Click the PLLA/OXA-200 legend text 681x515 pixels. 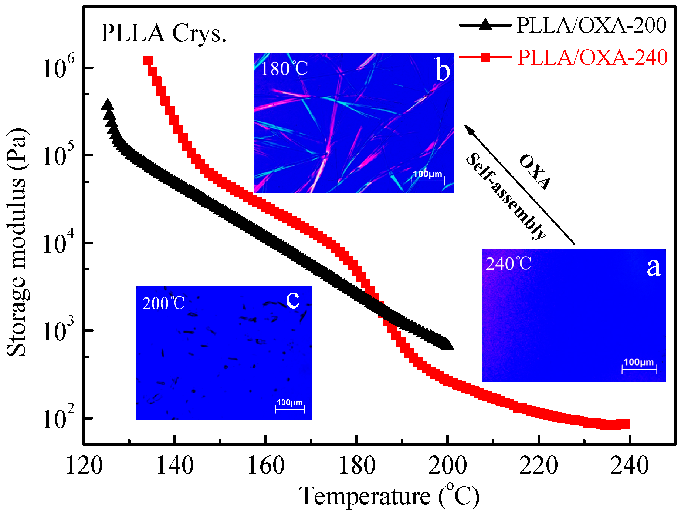pos(592,26)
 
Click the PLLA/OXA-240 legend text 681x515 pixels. pos(592,57)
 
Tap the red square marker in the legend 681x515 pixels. pos(485,57)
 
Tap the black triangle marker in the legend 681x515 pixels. pos(485,25)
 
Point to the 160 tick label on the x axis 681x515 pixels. pos(266,465)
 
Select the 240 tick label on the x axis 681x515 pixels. pos(629,465)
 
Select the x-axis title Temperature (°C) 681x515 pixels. pos(389,496)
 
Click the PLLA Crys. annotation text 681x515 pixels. pos(163,33)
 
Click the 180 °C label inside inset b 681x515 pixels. pos(284,68)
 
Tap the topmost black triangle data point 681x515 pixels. pos(108,105)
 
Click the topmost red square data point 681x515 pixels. pos(148,61)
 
